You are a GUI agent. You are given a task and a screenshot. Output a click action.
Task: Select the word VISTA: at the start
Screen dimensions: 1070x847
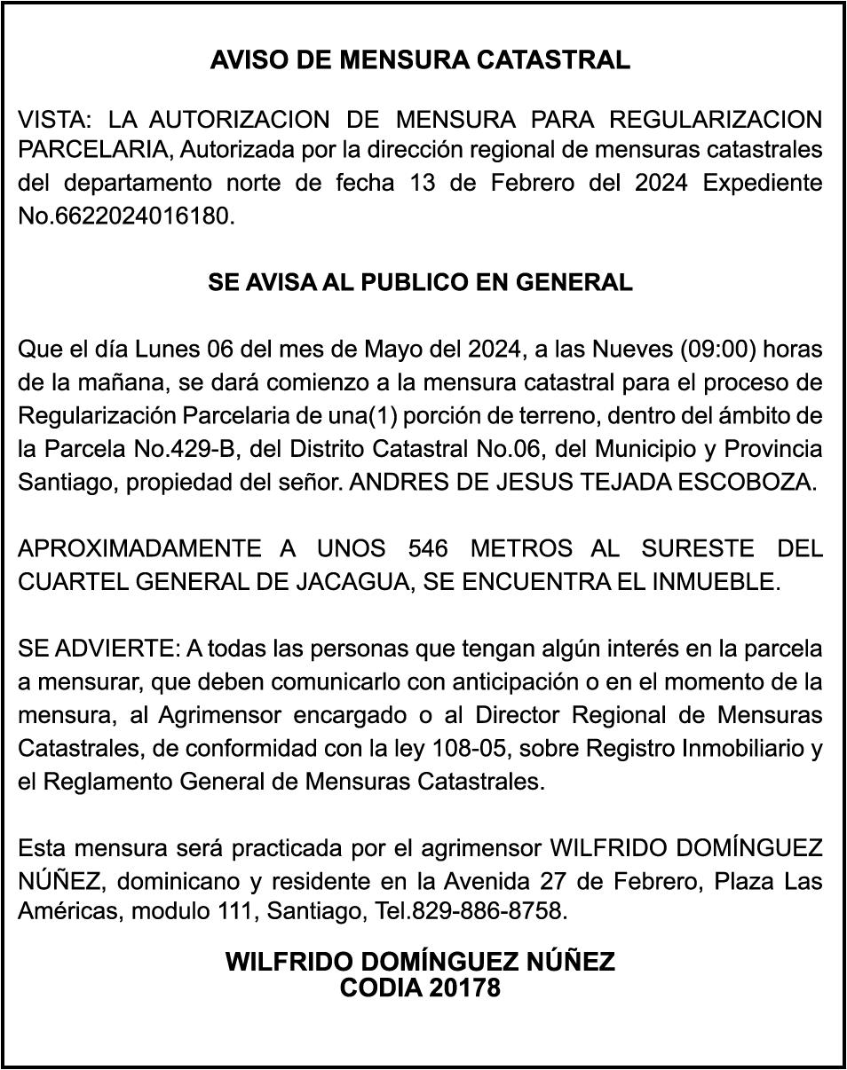click(x=52, y=118)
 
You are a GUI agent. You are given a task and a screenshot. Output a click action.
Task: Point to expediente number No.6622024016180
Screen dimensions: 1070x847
click(x=127, y=216)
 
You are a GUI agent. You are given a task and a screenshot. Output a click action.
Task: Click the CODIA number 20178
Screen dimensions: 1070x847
click(x=463, y=987)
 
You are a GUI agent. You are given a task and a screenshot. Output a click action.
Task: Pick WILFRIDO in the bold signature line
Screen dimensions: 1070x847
click(x=287, y=962)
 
